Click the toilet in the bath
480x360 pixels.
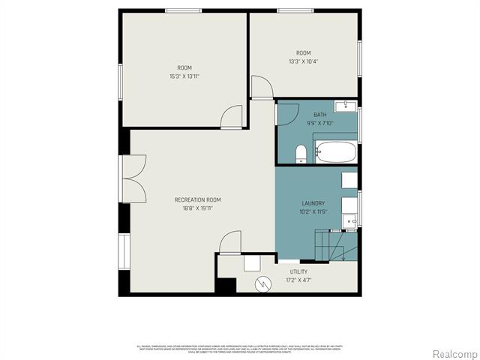[301, 154]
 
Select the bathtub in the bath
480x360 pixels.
[336, 152]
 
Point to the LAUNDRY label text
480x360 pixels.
[313, 203]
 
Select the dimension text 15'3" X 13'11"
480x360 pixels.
[184, 76]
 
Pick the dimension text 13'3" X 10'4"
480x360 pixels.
[303, 61]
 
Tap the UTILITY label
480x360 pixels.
[298, 271]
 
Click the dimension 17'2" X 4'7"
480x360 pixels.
[298, 280]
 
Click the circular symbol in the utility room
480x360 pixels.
[262, 284]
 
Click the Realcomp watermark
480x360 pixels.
[454, 353]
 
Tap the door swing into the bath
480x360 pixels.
[284, 114]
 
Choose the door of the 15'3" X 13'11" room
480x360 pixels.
[232, 117]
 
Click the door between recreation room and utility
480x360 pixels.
[229, 242]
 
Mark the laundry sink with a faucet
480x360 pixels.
[349, 219]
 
